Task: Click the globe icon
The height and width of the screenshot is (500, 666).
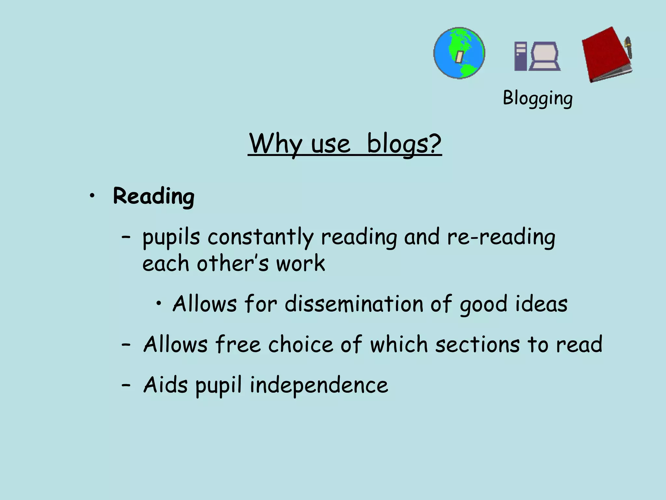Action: point(459,53)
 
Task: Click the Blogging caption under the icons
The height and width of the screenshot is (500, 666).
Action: point(538,98)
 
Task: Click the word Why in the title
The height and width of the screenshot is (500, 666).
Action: point(276,144)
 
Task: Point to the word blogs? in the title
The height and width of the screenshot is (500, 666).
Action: point(404,144)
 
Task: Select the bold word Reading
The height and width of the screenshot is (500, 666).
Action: point(153,197)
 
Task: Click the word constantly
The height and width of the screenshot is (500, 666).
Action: point(260,237)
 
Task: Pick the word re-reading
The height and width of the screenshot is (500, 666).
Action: point(501,237)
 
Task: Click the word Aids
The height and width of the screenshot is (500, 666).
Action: point(166,385)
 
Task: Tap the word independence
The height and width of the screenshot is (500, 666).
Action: point(319,385)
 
